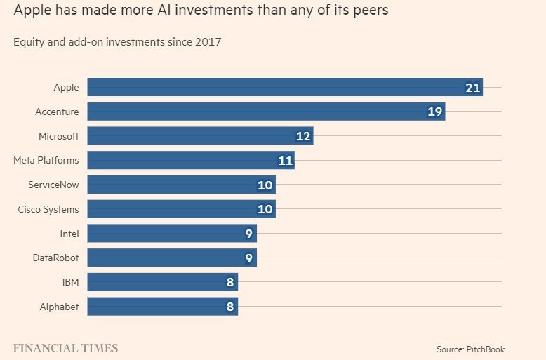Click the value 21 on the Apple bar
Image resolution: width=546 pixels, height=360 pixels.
tap(472, 88)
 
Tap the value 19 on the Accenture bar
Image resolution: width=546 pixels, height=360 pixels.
tap(435, 112)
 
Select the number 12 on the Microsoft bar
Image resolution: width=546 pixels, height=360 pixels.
tap(303, 136)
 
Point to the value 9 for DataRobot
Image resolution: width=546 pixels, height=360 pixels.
tap(248, 258)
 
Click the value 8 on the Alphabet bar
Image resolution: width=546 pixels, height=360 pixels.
tap(229, 307)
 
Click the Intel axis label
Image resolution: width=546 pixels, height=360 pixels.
tap(69, 234)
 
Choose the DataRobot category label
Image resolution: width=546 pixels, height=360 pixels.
tap(56, 258)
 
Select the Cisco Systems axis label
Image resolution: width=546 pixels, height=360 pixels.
tap(48, 209)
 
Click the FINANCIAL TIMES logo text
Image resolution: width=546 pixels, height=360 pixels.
tap(66, 348)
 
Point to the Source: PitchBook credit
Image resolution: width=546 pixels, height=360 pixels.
tap(470, 349)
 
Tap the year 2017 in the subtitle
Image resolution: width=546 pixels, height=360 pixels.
tap(208, 42)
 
